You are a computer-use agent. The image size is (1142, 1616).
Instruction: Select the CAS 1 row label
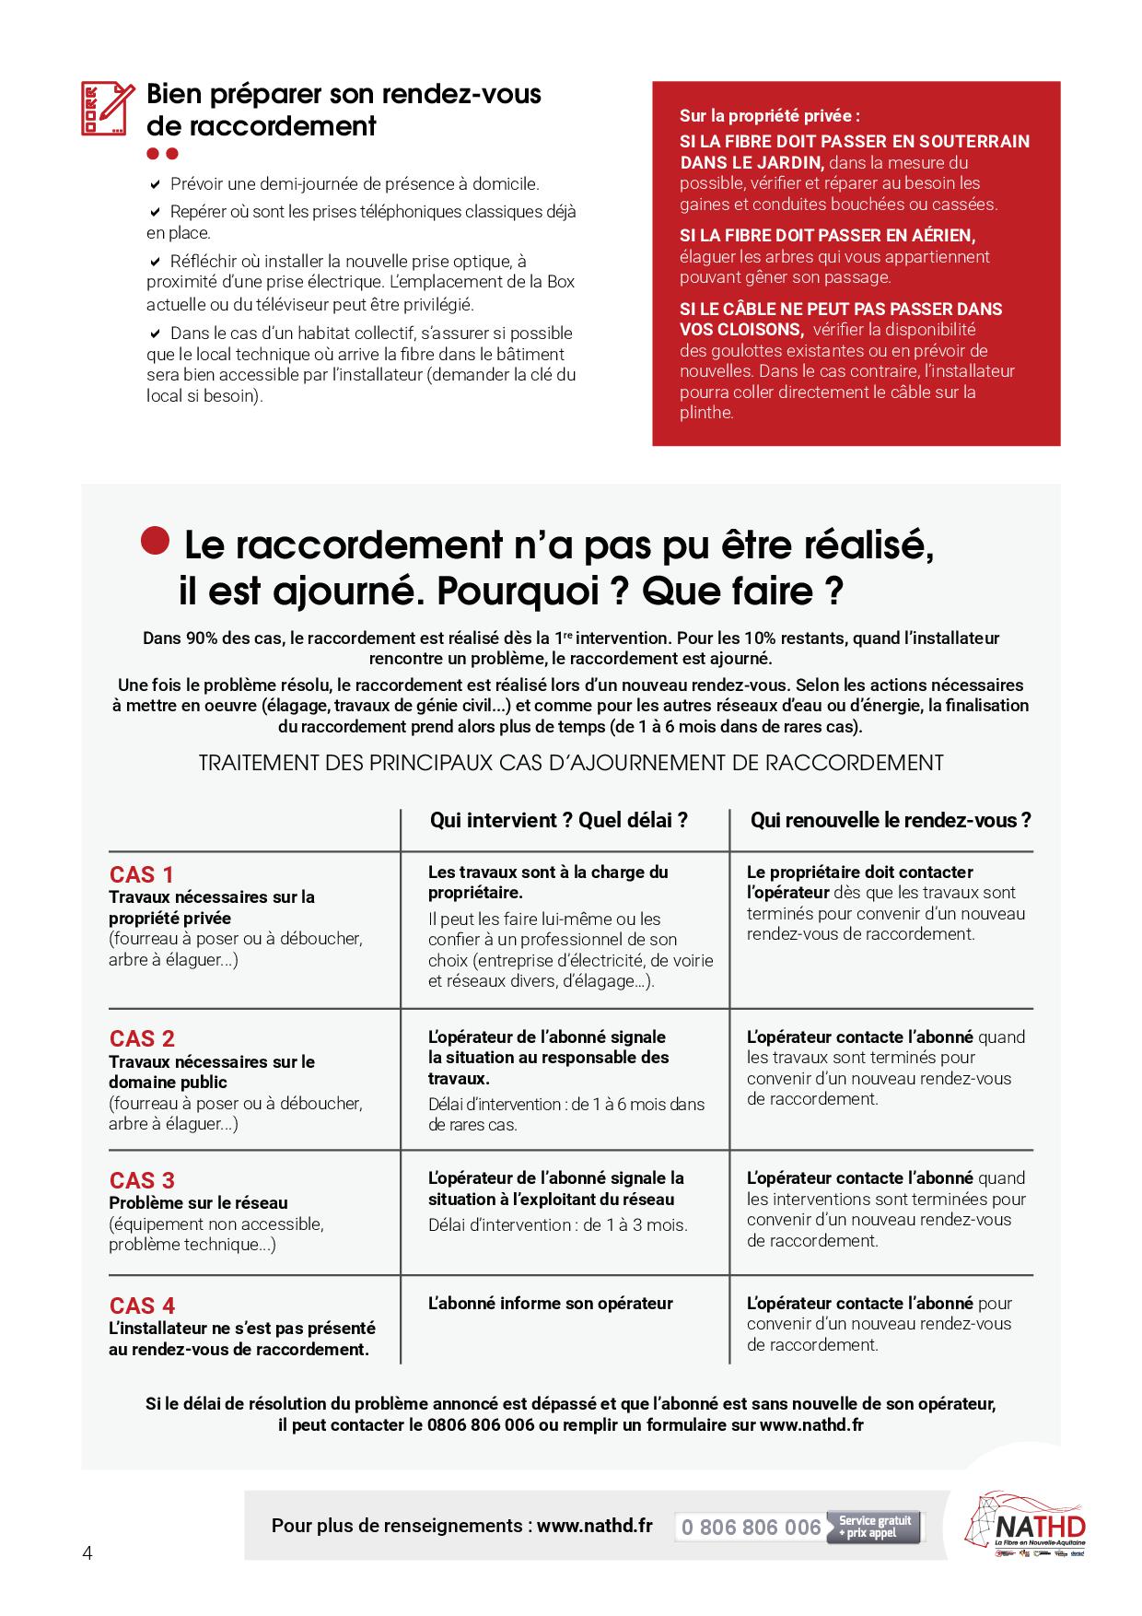click(141, 874)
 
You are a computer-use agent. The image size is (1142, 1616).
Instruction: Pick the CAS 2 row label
click(142, 1039)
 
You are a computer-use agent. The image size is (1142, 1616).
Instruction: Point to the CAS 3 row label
click(142, 1180)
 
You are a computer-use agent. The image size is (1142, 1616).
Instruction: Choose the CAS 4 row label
click(142, 1306)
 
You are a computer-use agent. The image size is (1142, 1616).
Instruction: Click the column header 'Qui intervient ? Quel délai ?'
click(558, 820)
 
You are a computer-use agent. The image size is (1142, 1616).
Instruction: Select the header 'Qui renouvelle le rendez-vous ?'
click(890, 820)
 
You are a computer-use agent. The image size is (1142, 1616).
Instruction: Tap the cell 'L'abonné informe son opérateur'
click(550, 1304)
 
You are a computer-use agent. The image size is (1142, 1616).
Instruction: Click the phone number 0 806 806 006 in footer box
click(751, 1528)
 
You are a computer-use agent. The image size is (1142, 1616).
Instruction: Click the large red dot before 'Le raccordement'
click(156, 541)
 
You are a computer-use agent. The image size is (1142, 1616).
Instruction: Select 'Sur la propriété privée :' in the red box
click(769, 117)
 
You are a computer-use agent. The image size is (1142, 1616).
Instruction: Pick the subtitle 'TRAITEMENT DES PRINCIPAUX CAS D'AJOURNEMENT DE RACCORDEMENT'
click(571, 763)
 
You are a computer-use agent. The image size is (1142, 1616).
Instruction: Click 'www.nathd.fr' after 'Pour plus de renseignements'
click(594, 1526)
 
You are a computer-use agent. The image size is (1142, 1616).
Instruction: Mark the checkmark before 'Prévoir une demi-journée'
click(155, 184)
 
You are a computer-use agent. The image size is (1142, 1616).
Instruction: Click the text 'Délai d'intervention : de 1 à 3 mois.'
click(557, 1224)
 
